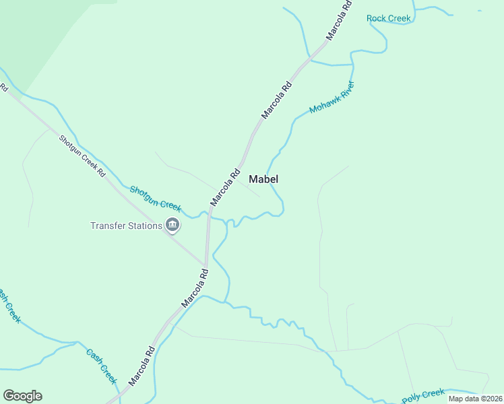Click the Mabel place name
263,179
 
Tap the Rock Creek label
389,18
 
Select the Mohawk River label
332,98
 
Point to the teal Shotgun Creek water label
156,197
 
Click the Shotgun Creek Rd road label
82,157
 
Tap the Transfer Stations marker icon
172,226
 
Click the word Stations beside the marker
145,226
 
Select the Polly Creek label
423,396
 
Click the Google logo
22,396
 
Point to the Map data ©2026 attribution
475,399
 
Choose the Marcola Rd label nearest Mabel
225,187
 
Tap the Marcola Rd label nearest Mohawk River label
277,100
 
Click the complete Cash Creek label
102,365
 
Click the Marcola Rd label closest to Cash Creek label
142,366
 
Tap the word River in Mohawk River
344,90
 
